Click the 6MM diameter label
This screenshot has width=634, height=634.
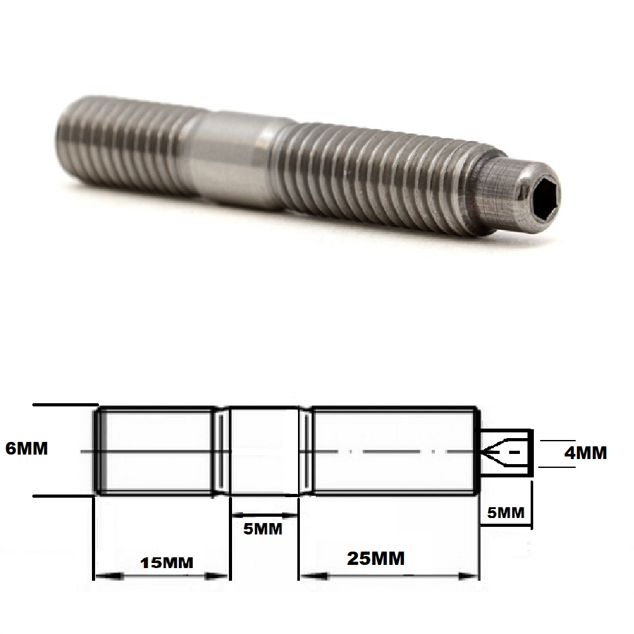pyautogui.click(x=26, y=448)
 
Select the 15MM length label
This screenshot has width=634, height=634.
pyautogui.click(x=163, y=562)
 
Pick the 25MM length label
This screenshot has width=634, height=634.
pyautogui.click(x=375, y=558)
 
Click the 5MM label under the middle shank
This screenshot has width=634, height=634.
pyautogui.click(x=263, y=527)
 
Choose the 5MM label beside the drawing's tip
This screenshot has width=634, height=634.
pyautogui.click(x=505, y=512)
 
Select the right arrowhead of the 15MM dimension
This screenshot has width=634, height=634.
pyautogui.click(x=218, y=576)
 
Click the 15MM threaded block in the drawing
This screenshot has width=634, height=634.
pyautogui.click(x=155, y=451)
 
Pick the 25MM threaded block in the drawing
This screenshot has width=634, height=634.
pyautogui.click(x=393, y=451)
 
